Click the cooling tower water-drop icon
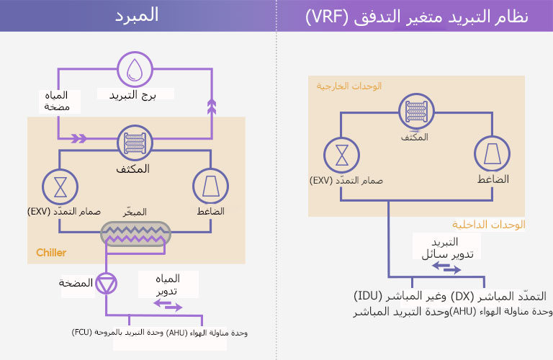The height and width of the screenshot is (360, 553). (135, 69)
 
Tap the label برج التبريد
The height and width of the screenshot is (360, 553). (135, 94)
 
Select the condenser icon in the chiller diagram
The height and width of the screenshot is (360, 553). (135, 141)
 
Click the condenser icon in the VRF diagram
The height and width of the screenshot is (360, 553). (417, 113)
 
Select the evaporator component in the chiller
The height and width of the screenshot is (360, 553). (135, 233)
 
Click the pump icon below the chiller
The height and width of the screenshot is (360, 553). (107, 283)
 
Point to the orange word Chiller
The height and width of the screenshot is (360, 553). (51, 253)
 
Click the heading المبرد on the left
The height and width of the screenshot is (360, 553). (137, 17)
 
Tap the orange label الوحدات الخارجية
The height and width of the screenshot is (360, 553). (349, 86)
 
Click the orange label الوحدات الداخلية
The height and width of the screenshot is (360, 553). (489, 225)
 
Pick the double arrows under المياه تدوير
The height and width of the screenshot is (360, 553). (168, 306)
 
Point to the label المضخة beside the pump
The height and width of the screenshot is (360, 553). (76, 283)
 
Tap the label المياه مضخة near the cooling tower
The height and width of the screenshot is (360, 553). (56, 101)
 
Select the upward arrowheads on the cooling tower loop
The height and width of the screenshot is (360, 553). (211, 107)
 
